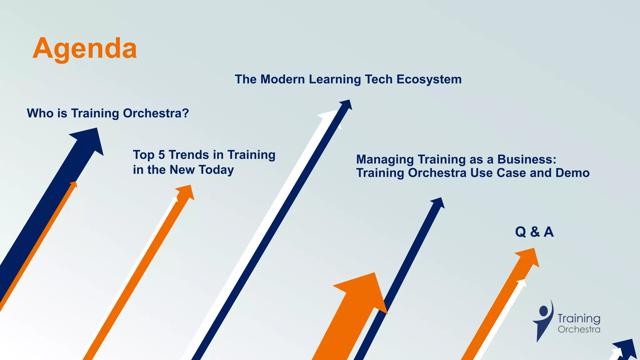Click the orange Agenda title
(x=84, y=48)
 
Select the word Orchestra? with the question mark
(x=156, y=113)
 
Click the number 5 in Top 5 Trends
(x=161, y=155)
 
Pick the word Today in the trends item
(x=216, y=170)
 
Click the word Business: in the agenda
(x=527, y=159)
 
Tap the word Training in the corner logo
(x=579, y=318)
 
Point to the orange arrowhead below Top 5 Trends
(x=186, y=191)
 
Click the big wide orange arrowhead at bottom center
(x=364, y=291)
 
